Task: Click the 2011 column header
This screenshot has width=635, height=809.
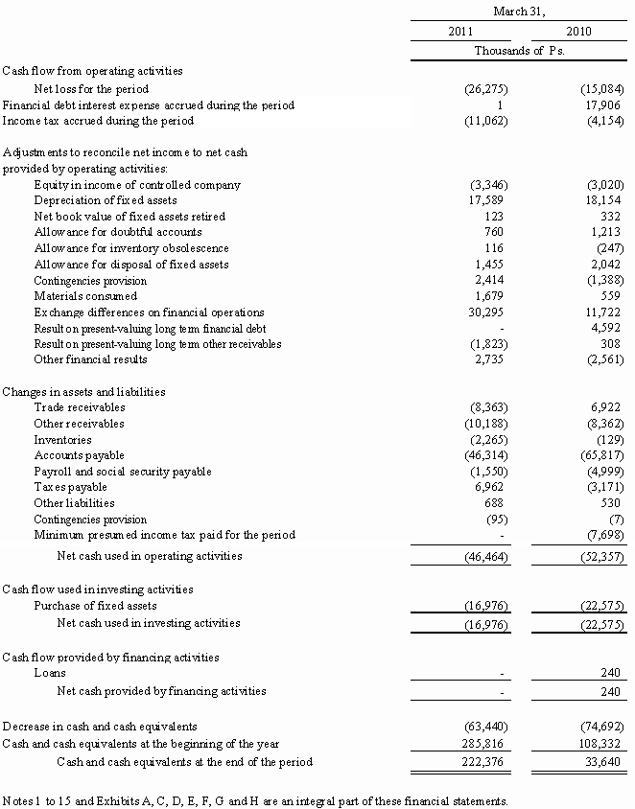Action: (x=460, y=32)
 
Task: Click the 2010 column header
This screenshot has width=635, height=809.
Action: (x=578, y=32)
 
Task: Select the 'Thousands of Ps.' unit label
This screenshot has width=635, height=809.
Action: (x=519, y=51)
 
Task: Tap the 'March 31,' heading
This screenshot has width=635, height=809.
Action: (x=519, y=11)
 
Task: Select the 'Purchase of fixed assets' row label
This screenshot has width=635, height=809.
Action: (x=95, y=606)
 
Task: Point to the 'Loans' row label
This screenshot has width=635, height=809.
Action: (x=50, y=674)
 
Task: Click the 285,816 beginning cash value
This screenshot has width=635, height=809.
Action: (x=482, y=744)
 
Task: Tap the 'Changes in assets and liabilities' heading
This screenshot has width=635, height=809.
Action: (x=84, y=391)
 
